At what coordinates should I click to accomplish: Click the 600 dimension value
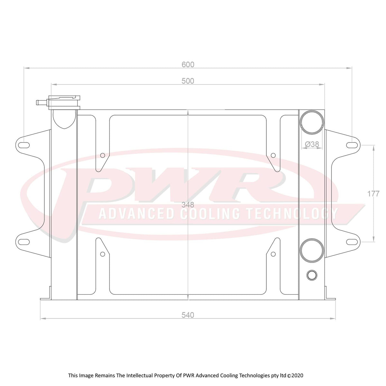tap(188, 65)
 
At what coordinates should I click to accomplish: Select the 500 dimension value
tap(188, 81)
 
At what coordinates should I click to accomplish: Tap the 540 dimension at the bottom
tap(188, 315)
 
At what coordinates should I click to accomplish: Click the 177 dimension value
tap(373, 194)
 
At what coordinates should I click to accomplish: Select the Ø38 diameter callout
tap(311, 144)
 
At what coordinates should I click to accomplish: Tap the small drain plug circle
tap(312, 275)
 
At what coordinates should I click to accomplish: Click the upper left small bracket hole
tap(103, 156)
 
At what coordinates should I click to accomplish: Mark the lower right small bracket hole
tap(273, 254)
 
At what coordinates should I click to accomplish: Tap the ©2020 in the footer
tap(295, 375)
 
